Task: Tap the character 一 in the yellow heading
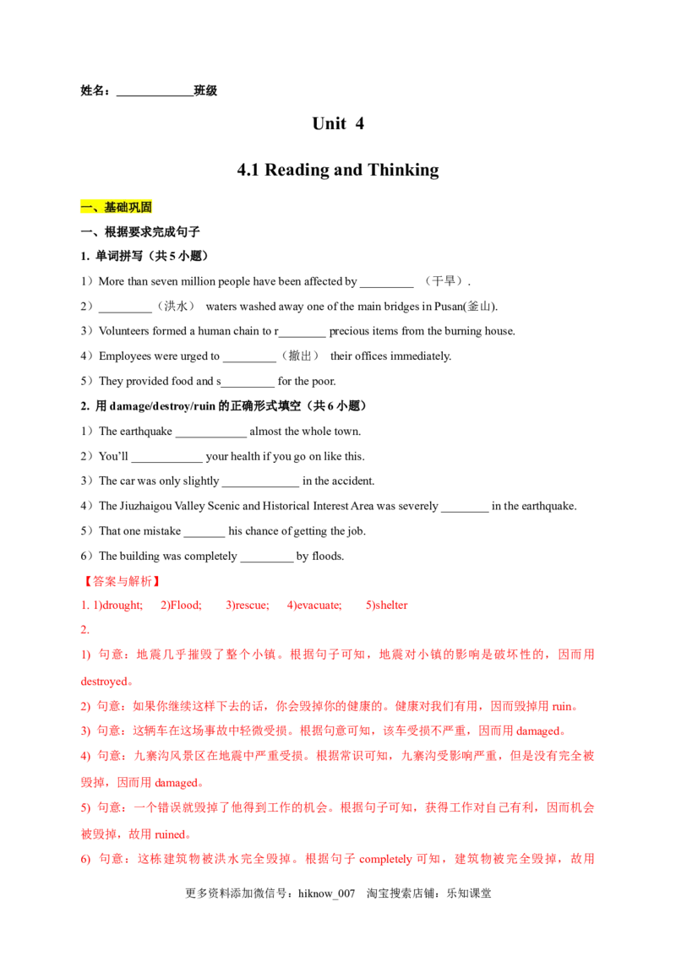pyautogui.click(x=85, y=207)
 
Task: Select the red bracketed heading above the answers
pyautogui.click(x=121, y=581)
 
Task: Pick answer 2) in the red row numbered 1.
pyautogui.click(x=181, y=606)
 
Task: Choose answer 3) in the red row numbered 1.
pyautogui.click(x=247, y=606)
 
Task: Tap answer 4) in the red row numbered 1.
pyautogui.click(x=314, y=606)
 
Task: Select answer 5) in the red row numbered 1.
pyautogui.click(x=388, y=606)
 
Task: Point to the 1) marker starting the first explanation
pyautogui.click(x=85, y=655)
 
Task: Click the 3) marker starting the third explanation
pyautogui.click(x=85, y=731)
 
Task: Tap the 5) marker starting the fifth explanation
pyautogui.click(x=85, y=808)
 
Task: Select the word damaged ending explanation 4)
pyautogui.click(x=177, y=783)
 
